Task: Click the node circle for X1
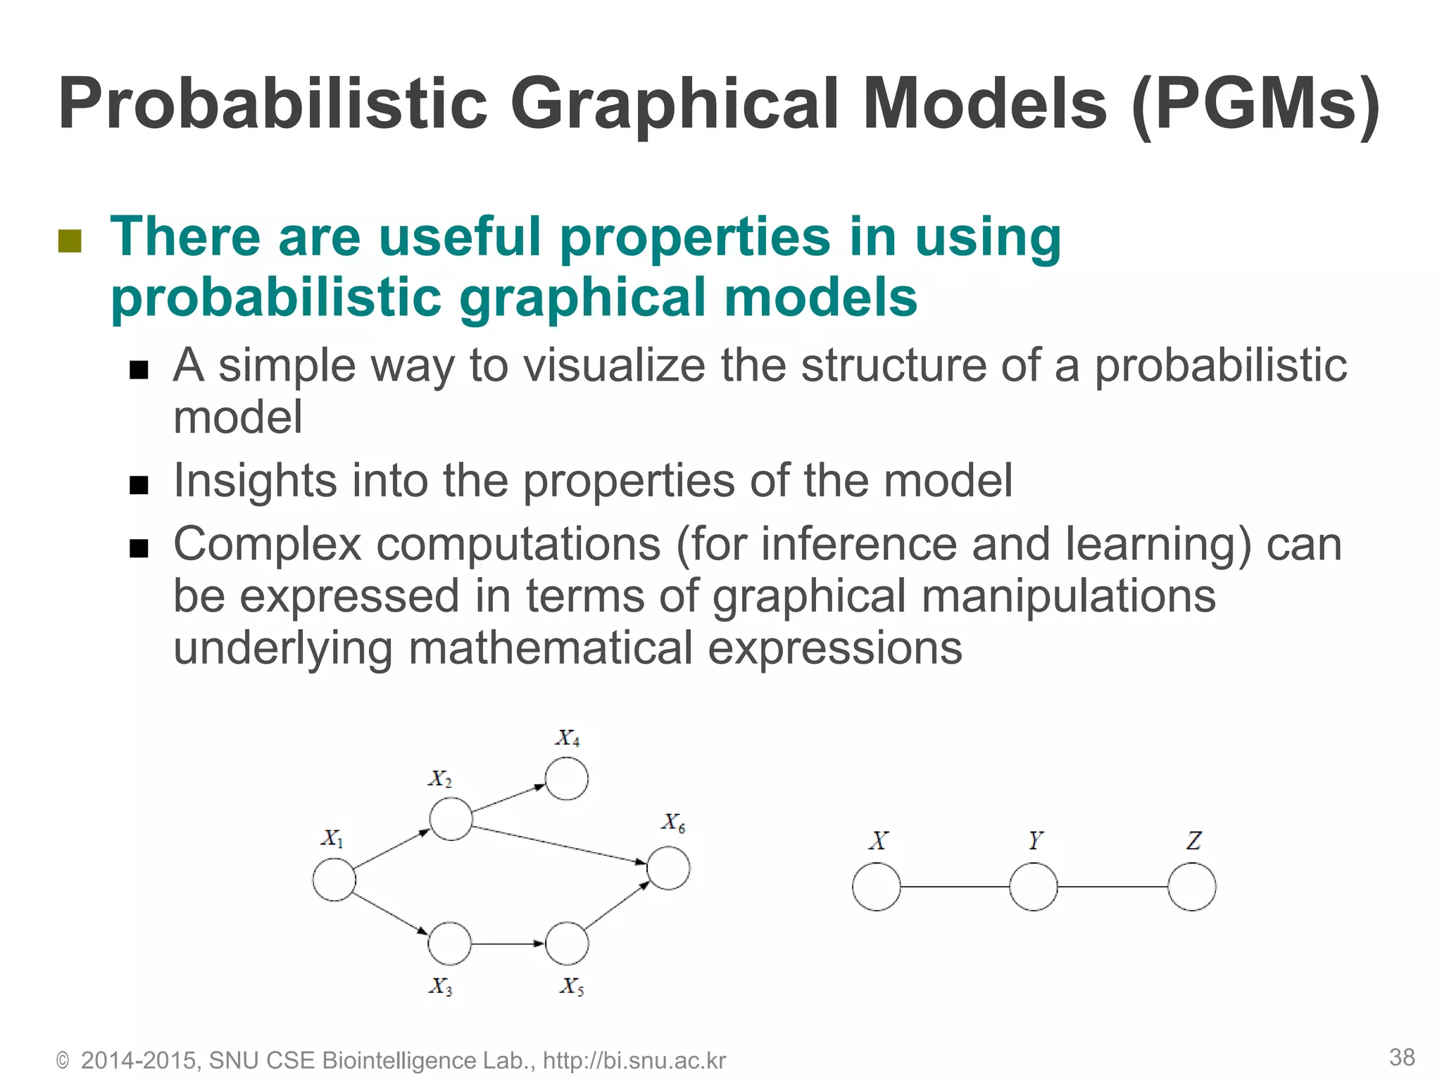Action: pos(334,880)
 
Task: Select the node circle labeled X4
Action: pos(567,779)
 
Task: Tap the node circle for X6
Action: pos(668,868)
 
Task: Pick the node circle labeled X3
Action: pos(449,943)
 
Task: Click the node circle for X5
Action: pos(567,943)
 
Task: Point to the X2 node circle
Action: pos(451,819)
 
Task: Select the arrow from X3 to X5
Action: pos(507,943)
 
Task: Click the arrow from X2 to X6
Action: pos(560,845)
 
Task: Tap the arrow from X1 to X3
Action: pos(391,914)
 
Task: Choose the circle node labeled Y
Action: pos(1033,887)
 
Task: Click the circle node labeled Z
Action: pos(1191,887)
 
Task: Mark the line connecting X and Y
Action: pos(955,887)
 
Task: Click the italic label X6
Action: pos(672,823)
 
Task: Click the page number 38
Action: pos(1402,1057)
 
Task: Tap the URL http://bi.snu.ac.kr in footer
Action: pos(634,1061)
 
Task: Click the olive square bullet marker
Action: pos(70,241)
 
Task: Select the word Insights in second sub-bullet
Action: pos(255,481)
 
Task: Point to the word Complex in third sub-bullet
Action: pos(267,545)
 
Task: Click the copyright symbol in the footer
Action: pos(63,1061)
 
